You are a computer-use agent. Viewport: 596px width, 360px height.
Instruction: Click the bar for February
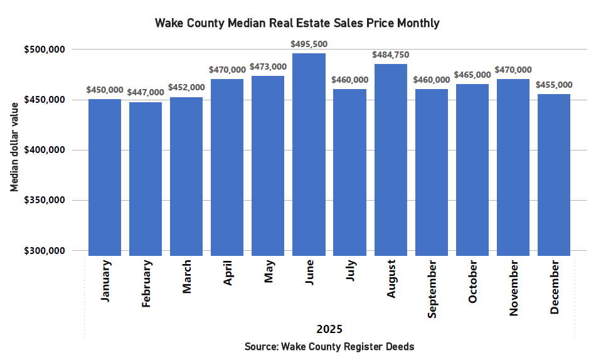146,179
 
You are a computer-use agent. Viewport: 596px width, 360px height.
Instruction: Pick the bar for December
553,175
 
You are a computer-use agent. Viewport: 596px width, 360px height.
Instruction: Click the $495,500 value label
309,45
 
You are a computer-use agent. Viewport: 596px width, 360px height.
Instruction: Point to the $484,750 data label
390,55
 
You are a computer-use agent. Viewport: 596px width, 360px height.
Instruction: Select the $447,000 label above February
146,93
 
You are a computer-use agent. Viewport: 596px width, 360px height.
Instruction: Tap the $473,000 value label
268,66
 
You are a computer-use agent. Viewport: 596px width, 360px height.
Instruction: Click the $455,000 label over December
553,85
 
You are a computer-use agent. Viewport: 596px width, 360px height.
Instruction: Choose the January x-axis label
105,281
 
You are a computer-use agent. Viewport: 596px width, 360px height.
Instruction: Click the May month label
268,273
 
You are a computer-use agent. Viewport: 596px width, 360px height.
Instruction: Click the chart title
297,23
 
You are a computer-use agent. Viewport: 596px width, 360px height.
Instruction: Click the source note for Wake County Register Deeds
329,346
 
